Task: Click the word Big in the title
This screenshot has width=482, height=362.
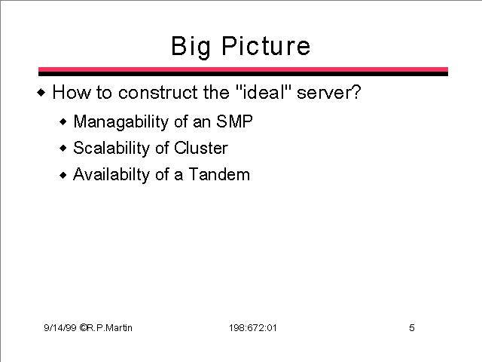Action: [x=191, y=47]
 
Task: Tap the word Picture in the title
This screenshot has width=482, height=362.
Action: [x=266, y=45]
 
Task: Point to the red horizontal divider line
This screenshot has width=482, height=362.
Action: [x=243, y=69]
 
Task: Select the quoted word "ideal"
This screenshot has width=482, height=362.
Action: [x=263, y=92]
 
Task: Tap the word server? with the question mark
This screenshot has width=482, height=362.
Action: [x=328, y=92]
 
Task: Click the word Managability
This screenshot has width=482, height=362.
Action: [x=120, y=122]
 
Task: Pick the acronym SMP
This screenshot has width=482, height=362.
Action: [x=234, y=121]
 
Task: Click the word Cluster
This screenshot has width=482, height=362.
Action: [x=201, y=148]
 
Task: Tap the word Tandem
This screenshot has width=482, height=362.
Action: [x=219, y=174]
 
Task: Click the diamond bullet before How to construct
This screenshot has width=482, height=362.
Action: [x=41, y=92]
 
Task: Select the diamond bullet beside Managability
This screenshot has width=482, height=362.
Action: [x=63, y=122]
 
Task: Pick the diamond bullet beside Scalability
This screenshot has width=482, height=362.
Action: [x=63, y=149]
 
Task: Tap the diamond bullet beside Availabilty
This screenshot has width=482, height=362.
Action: [x=63, y=176]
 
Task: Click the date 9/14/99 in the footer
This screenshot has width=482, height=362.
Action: [x=60, y=328]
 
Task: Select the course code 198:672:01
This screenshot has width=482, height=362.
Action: [x=253, y=328]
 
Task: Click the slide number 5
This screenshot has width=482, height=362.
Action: [x=412, y=327]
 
